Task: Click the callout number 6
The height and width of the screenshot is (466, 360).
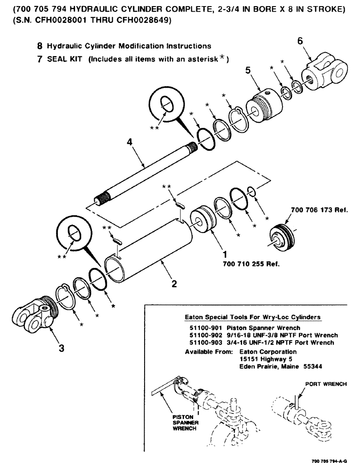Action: pos(300,41)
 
